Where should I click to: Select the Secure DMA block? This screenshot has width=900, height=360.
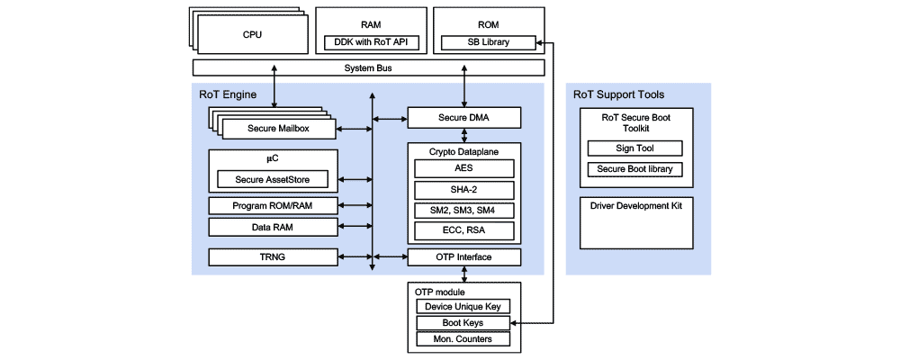click(x=463, y=118)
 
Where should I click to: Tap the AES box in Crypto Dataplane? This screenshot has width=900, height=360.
click(x=463, y=168)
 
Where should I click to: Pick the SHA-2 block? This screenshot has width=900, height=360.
click(x=463, y=190)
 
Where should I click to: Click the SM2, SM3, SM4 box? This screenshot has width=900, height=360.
click(x=463, y=211)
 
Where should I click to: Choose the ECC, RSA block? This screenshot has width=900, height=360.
click(x=463, y=231)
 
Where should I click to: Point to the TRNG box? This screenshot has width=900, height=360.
click(x=273, y=257)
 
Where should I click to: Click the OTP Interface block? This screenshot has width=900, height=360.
click(x=463, y=257)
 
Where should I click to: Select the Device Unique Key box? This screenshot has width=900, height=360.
click(x=463, y=307)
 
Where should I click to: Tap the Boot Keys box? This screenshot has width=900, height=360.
click(x=463, y=323)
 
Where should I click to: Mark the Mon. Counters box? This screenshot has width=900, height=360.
click(x=463, y=339)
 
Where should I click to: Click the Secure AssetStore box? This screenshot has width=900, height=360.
click(x=273, y=179)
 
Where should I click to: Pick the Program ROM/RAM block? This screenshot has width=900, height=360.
click(x=273, y=206)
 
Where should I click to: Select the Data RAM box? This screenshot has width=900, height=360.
click(x=273, y=228)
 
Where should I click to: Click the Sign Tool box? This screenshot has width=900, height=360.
click(x=634, y=148)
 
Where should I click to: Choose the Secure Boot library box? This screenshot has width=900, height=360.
click(x=634, y=169)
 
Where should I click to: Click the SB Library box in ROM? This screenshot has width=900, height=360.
click(x=488, y=41)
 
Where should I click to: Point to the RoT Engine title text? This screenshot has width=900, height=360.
click(x=227, y=94)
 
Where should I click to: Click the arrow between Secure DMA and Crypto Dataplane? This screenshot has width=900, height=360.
click(x=463, y=135)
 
